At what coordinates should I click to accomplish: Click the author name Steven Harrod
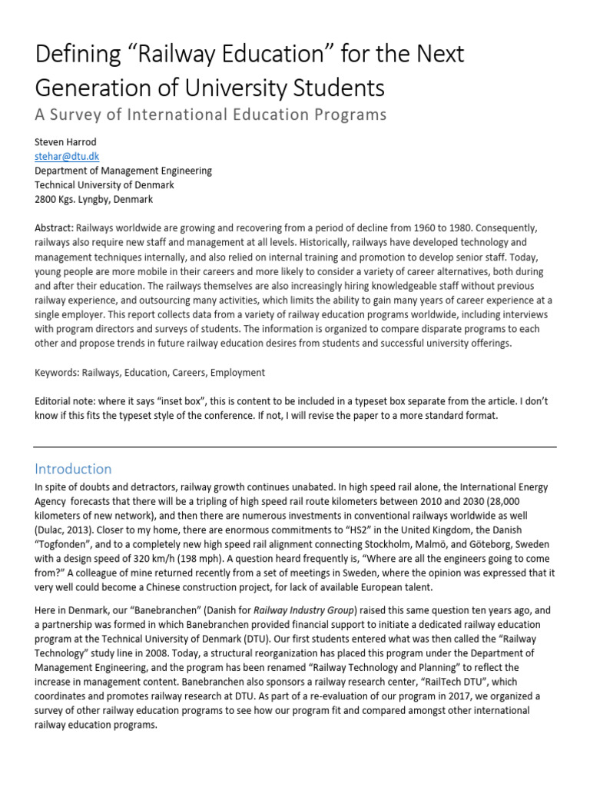click(66, 143)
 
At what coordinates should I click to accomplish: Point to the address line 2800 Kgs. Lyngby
click(94, 199)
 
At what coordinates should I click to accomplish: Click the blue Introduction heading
click(73, 469)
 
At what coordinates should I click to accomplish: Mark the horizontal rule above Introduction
click(295, 445)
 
